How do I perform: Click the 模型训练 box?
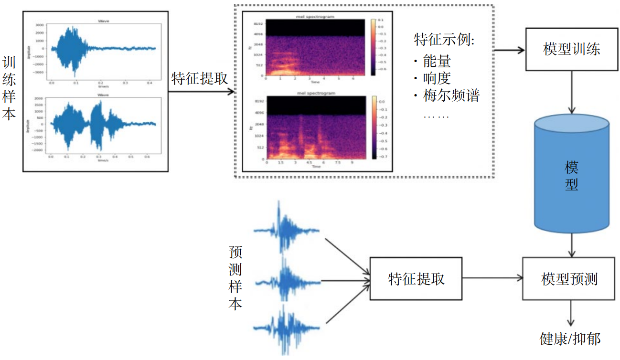572,49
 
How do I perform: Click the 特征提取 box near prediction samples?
416,279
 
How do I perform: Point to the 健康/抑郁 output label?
570,339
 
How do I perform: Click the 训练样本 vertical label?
9,88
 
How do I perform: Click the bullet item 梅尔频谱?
450,95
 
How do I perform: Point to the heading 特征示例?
444,40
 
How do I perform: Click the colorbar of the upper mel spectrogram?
373,47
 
